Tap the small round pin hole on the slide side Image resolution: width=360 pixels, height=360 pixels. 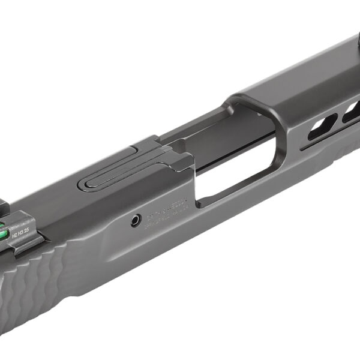137,221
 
